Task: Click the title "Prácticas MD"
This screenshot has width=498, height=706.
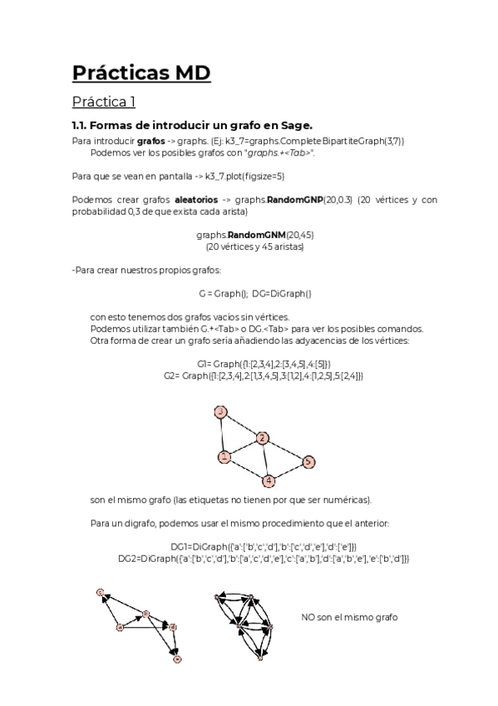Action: point(141,72)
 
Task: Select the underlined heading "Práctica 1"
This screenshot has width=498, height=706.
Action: point(103,102)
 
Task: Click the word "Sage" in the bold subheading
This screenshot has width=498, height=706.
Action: point(295,126)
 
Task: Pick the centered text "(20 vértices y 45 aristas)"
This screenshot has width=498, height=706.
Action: point(254,246)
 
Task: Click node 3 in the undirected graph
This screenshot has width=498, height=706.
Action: point(220,412)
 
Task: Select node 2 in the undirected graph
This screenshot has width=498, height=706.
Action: point(263,438)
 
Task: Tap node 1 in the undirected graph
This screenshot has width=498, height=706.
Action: point(224,456)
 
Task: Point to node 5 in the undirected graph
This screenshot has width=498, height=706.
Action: point(308,461)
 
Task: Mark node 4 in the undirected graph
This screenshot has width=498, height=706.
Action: point(269,481)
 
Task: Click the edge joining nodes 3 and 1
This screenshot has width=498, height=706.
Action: point(222,434)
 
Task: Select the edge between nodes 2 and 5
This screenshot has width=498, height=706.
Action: point(285,450)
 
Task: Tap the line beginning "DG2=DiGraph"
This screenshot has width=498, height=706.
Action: point(264,559)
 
